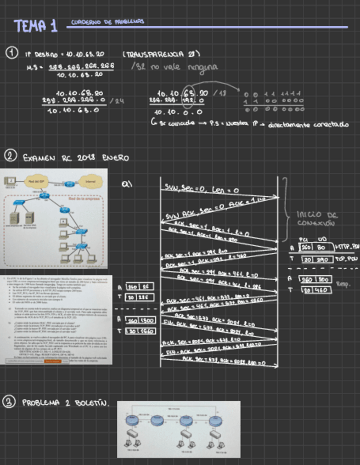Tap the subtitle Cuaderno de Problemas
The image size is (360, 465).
[108, 22]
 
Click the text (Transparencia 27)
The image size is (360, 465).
[161, 54]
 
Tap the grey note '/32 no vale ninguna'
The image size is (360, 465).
[175, 66]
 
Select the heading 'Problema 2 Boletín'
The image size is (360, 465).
[65, 403]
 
